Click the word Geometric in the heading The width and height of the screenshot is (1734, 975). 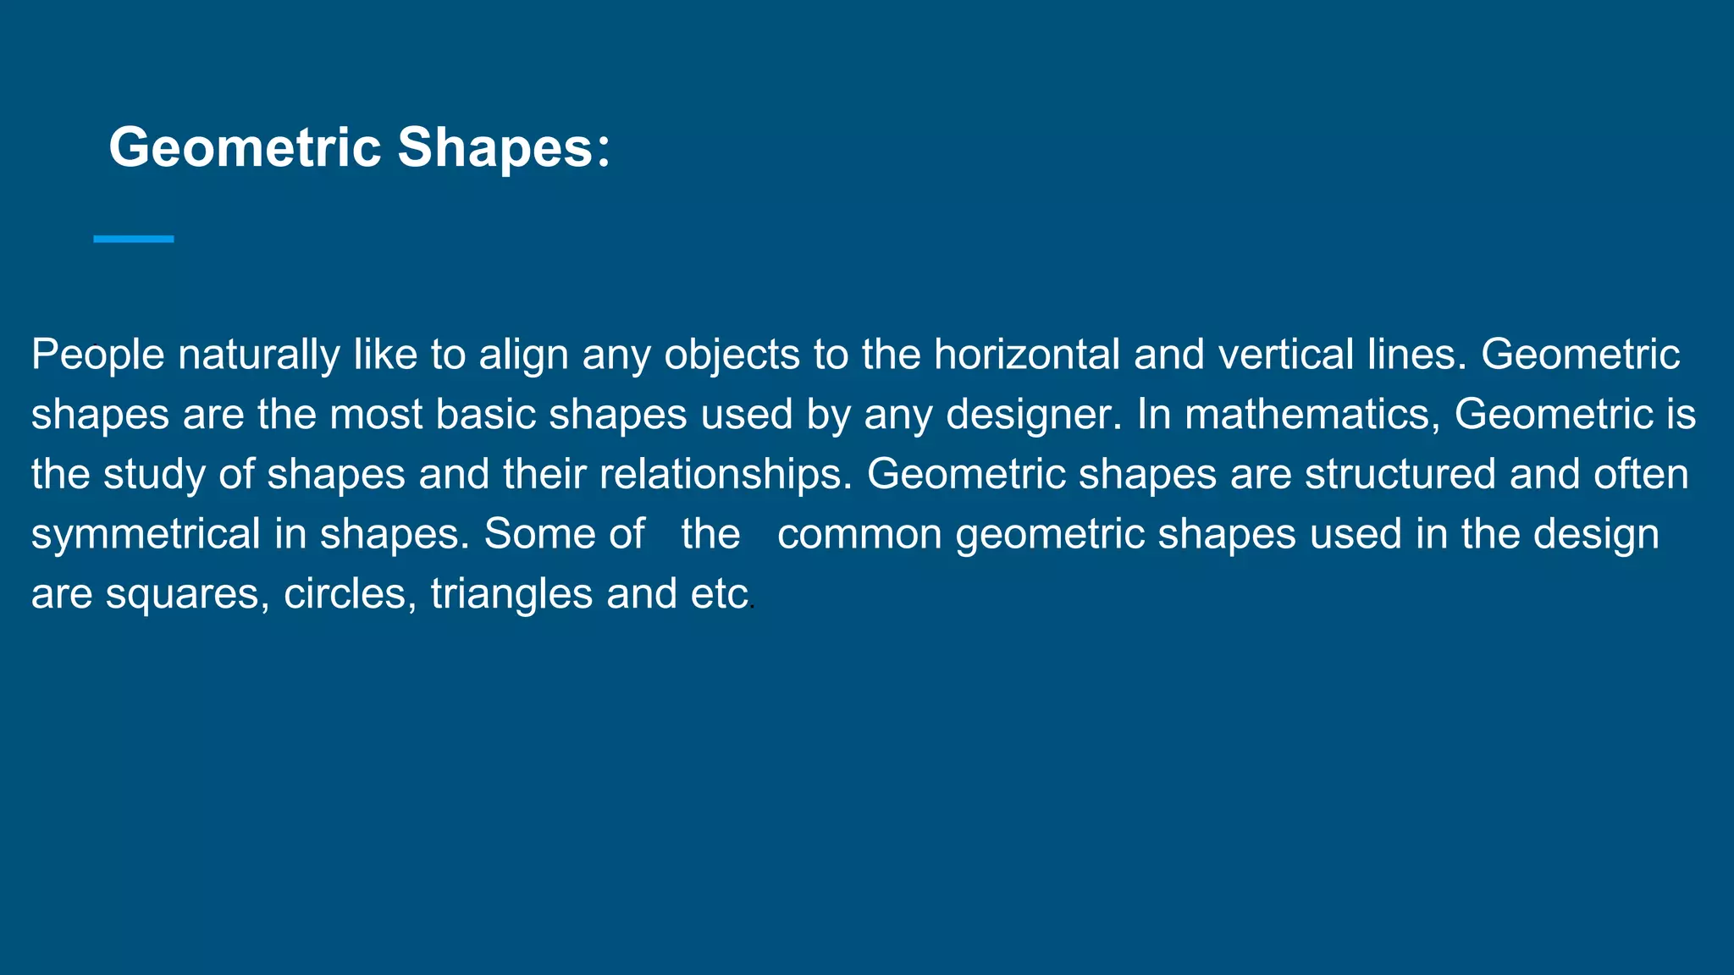click(x=245, y=148)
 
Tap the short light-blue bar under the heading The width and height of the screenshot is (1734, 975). click(x=134, y=240)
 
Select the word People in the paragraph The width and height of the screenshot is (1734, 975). click(x=97, y=355)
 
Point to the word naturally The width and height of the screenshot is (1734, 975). click(x=258, y=355)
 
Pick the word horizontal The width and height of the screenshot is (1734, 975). click(x=1026, y=355)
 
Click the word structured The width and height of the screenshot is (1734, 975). click(x=1400, y=475)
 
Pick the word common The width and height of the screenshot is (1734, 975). click(x=859, y=535)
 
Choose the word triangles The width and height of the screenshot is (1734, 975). click(x=511, y=595)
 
